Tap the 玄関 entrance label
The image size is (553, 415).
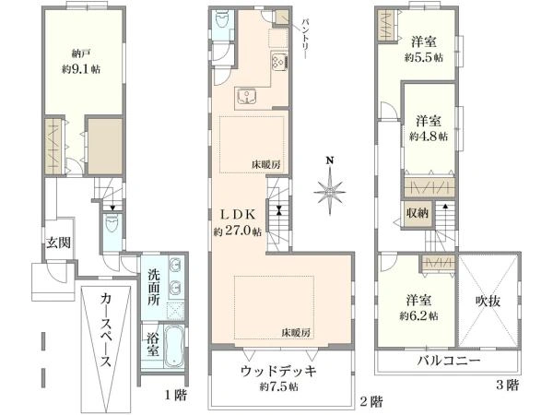tap(59, 243)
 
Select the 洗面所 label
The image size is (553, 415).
tap(154, 287)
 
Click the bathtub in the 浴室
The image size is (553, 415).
tap(174, 347)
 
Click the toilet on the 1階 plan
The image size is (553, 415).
tap(112, 224)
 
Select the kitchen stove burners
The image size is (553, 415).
tap(279, 62)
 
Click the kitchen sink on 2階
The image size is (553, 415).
tap(247, 96)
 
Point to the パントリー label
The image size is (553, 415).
tap(305, 38)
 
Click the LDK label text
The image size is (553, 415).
tap(238, 214)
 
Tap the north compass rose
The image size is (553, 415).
tap(330, 191)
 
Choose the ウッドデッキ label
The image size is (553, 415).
tap(278, 372)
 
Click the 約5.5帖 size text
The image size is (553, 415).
tap(424, 57)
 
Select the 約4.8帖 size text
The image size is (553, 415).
tap(429, 136)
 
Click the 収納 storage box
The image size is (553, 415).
tap(418, 213)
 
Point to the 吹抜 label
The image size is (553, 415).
tap(488, 301)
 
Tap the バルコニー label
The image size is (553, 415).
tap(449, 361)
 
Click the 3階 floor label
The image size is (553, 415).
tap(508, 385)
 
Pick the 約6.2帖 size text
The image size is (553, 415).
tap(418, 315)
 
